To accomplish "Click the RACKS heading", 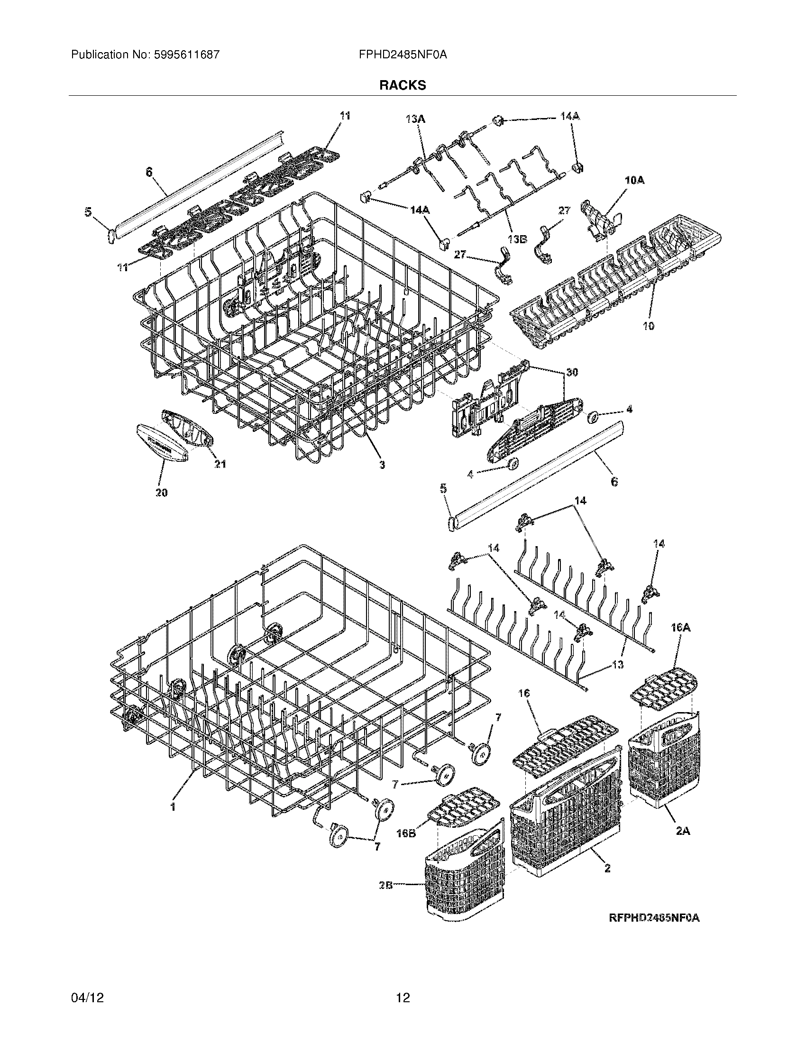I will point(403,85).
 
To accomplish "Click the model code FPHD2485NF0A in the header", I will point(403,55).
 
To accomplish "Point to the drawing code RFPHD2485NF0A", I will point(654,918).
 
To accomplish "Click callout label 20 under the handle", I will point(161,493).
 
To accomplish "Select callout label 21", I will point(220,464).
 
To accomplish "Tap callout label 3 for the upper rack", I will point(382,464).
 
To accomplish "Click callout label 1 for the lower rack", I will point(174,806).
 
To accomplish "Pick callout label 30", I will point(572,372).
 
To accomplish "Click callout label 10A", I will point(634,180).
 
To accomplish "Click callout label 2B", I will point(386,885).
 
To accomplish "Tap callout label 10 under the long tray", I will point(648,326).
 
